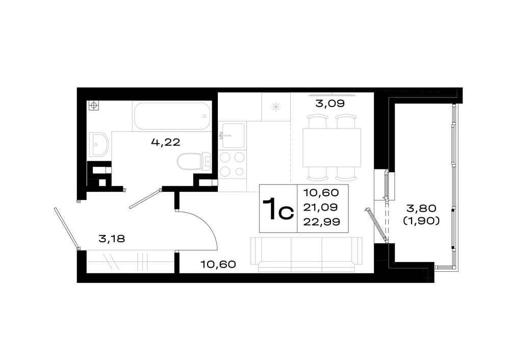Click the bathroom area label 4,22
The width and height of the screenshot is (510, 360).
point(166,142)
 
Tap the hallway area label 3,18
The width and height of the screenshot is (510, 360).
point(112,239)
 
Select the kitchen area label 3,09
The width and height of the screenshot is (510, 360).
point(330,104)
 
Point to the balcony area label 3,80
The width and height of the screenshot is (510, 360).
point(421,208)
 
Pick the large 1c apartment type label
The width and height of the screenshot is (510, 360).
point(278,209)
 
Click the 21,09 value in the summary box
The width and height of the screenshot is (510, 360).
point(320,207)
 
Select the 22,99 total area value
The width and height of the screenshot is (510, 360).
point(322,222)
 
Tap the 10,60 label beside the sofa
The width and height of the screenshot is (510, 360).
point(218,264)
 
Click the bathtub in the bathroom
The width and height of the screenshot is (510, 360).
point(172,116)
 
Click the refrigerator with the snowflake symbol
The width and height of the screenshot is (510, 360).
point(276,107)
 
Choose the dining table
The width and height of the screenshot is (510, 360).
point(331,147)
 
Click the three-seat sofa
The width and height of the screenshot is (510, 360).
point(307,254)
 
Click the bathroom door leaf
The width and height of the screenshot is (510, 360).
point(145,198)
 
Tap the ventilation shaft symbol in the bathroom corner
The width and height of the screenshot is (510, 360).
point(94,106)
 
